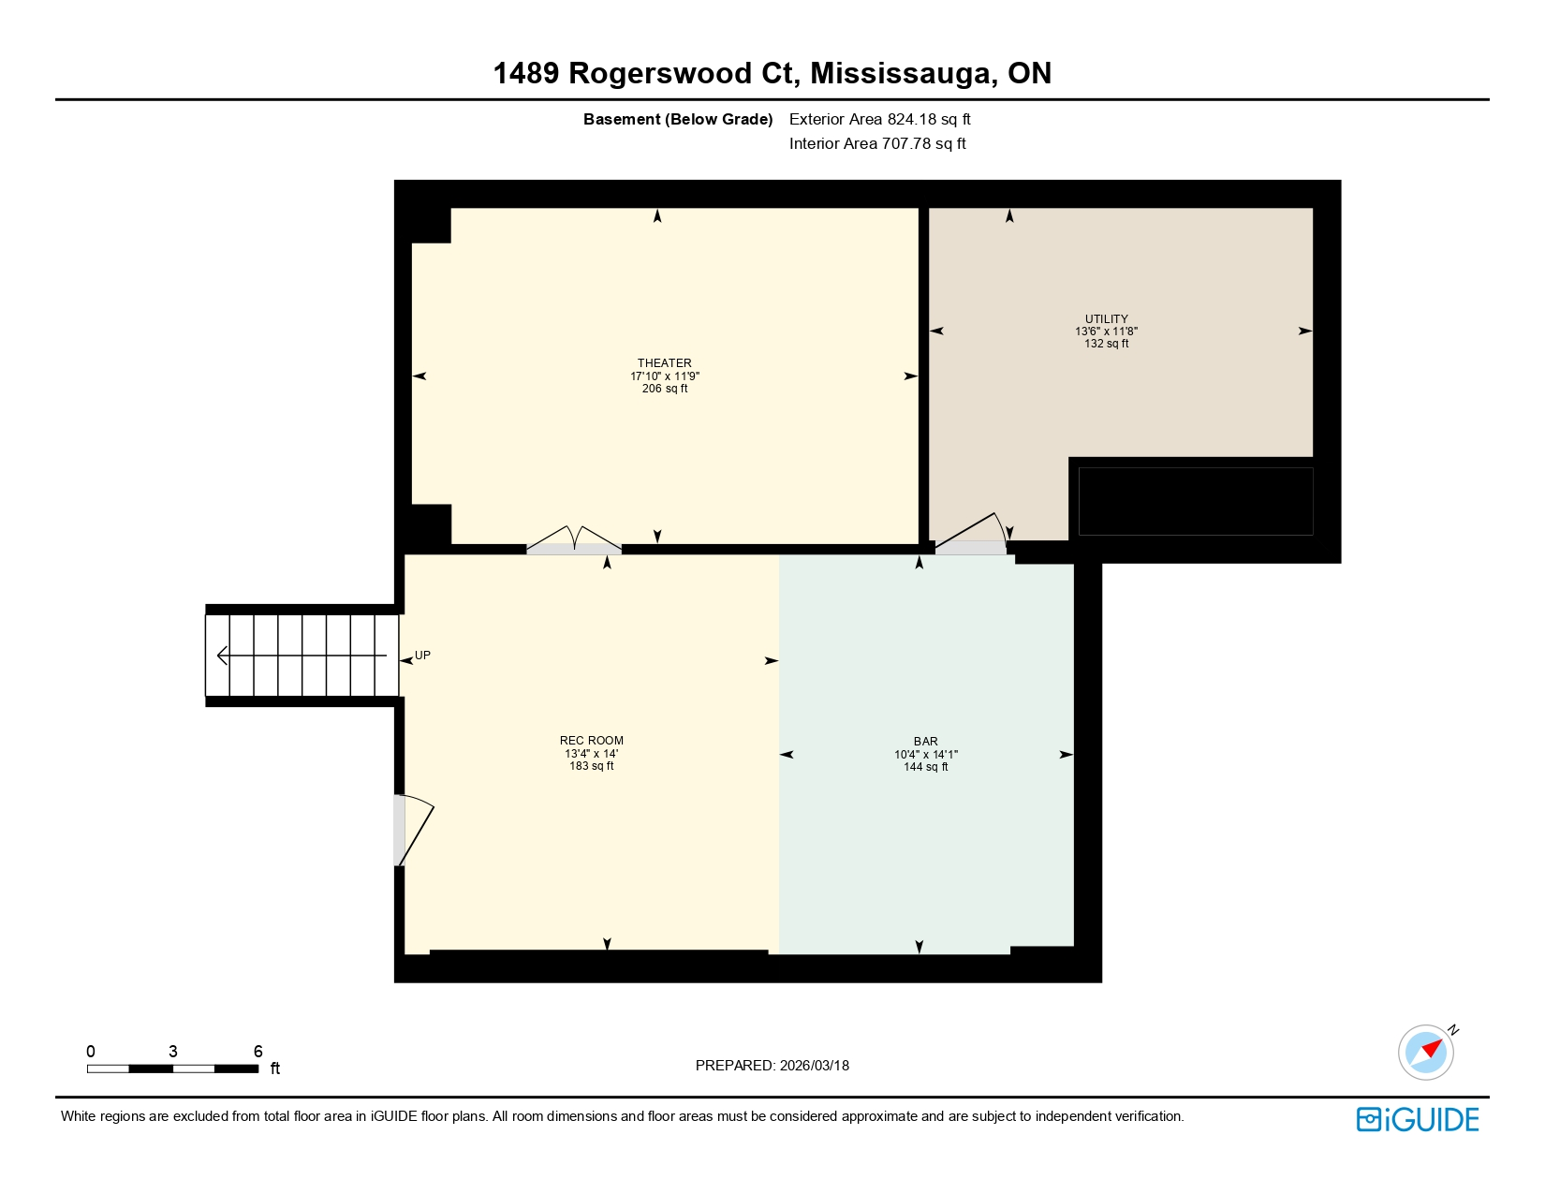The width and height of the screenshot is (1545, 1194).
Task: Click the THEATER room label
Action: (665, 363)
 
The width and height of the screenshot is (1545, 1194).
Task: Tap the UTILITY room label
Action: (1106, 319)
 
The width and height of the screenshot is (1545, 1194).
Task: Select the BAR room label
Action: (925, 742)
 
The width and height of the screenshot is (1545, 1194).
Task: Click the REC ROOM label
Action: (591, 741)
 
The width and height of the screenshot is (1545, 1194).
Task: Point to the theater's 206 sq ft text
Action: (665, 389)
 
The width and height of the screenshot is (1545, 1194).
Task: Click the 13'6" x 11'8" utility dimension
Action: (1106, 332)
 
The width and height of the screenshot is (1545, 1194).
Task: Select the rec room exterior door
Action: (412, 831)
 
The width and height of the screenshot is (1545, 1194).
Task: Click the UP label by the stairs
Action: (423, 656)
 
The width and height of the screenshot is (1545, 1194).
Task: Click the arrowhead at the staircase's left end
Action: (223, 656)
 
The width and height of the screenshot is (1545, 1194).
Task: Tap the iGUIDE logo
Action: (1418, 1119)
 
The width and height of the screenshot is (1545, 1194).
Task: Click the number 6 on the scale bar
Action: (258, 1052)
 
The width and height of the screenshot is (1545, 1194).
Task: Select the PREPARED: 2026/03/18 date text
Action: (772, 1066)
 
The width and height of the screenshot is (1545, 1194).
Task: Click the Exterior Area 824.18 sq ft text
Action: (879, 119)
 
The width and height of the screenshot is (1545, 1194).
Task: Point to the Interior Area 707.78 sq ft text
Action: (877, 143)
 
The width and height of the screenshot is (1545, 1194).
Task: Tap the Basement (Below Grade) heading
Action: (678, 119)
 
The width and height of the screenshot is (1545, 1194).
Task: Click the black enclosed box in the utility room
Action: (1195, 501)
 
